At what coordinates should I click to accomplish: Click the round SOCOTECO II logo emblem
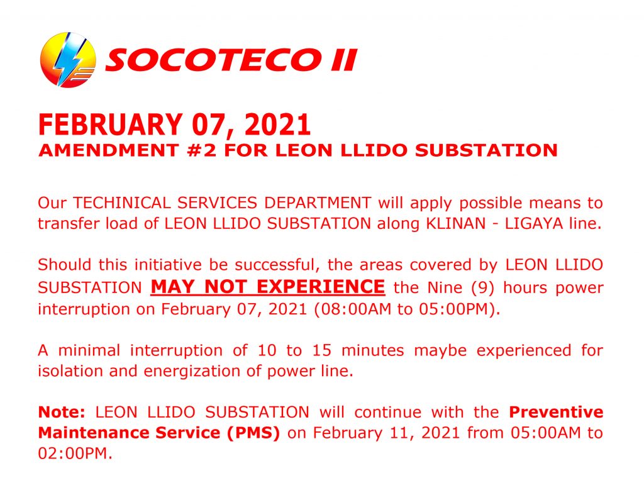[68, 60]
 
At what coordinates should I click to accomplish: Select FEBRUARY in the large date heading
[110, 125]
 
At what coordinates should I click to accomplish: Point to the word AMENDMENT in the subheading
[108, 150]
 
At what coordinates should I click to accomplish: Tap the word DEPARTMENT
[318, 203]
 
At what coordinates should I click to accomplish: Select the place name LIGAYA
[534, 223]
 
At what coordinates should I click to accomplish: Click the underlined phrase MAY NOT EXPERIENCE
[268, 287]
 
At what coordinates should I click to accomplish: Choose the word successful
[277, 265]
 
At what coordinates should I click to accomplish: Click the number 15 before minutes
[322, 350]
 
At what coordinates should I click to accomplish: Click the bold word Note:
[62, 412]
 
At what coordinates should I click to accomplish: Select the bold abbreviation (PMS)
[254, 433]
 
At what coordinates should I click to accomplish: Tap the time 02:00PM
[75, 453]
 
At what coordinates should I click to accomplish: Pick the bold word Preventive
[556, 412]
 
